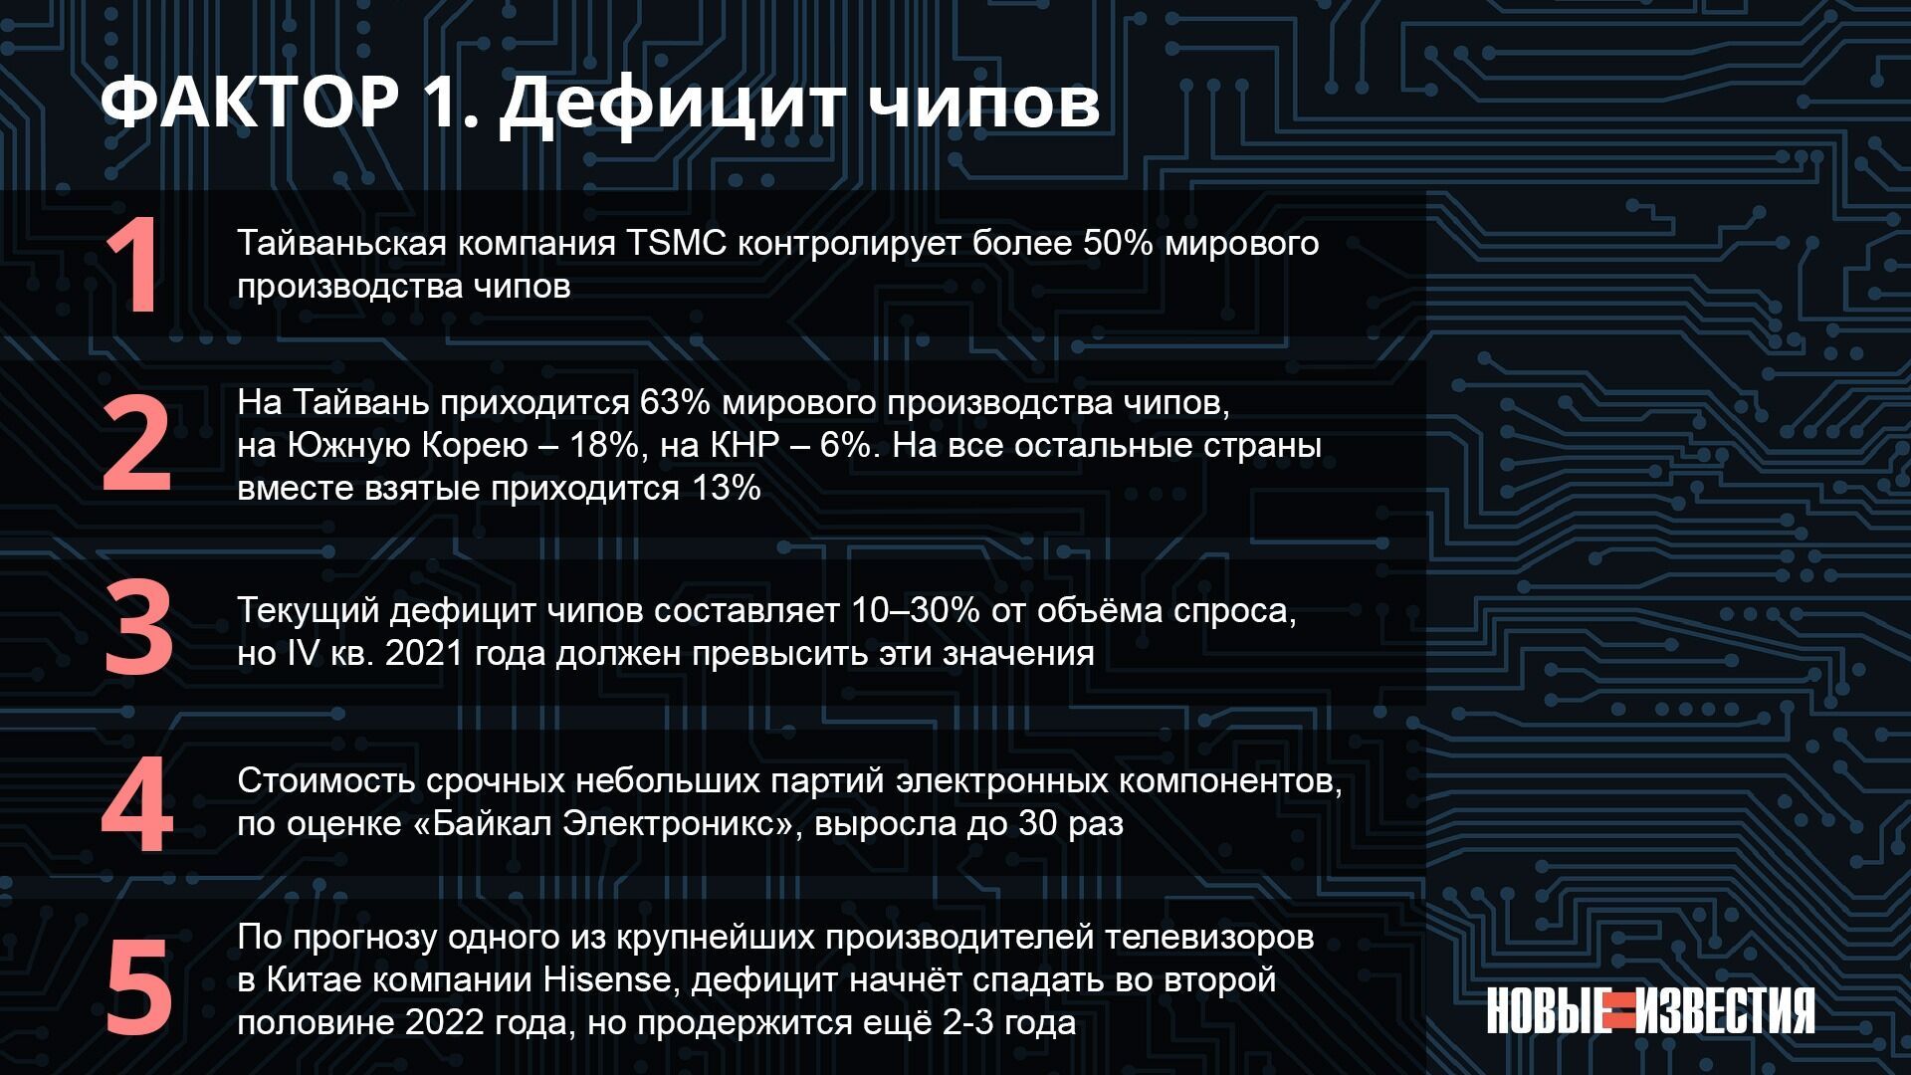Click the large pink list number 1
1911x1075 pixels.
pos(135,267)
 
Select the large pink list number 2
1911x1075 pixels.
pos(136,445)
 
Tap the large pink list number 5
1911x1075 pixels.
pos(138,987)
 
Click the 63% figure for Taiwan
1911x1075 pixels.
pos(676,402)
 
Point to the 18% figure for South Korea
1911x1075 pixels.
pos(604,445)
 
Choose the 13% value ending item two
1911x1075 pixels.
pos(726,488)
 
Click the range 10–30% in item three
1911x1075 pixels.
pos(916,610)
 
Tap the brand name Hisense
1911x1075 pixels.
pos(607,979)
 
